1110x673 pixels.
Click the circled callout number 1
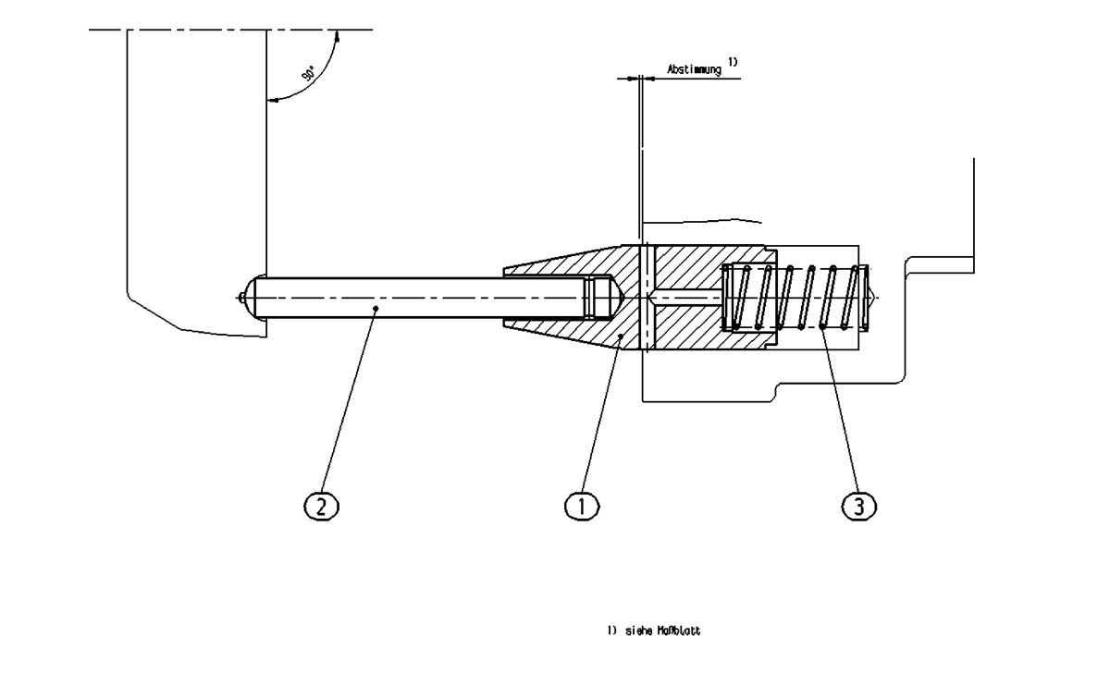pos(582,506)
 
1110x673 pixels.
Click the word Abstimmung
pos(694,69)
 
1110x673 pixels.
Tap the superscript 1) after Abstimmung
pos(732,62)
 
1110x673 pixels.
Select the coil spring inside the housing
pos(795,297)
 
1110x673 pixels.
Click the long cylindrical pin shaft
pos(416,297)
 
